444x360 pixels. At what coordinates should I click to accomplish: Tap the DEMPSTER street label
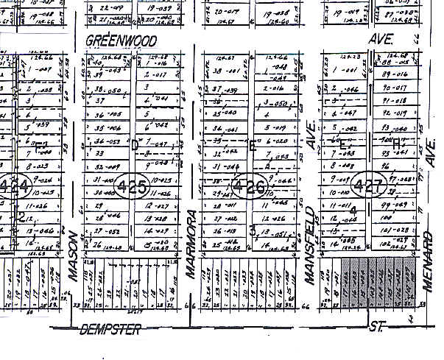tap(110, 329)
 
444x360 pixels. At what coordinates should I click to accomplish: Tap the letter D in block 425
tap(134, 145)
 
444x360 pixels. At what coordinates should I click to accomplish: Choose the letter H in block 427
tap(397, 144)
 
